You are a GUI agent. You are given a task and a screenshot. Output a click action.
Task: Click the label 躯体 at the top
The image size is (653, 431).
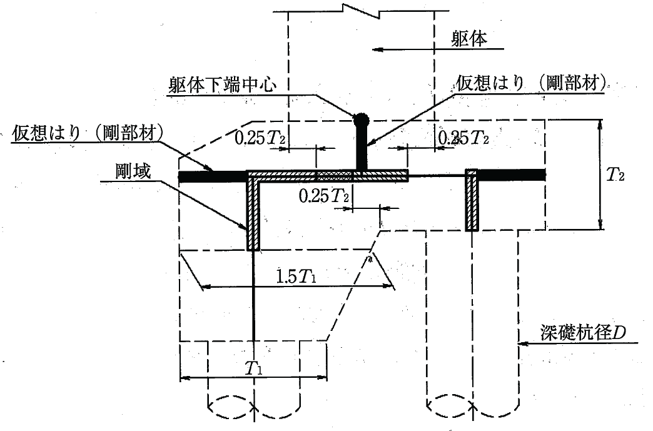[x=468, y=39]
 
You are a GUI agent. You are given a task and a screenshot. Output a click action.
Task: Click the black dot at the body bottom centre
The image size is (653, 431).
[x=361, y=119]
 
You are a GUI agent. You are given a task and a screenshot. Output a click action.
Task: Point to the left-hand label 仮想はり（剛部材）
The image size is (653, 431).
[x=88, y=134]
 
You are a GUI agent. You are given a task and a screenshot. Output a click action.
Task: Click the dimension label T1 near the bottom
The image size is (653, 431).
[x=253, y=368]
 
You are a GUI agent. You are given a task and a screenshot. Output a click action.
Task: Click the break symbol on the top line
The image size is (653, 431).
[x=359, y=8]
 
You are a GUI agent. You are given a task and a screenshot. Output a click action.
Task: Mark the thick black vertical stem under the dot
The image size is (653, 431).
[x=361, y=148]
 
